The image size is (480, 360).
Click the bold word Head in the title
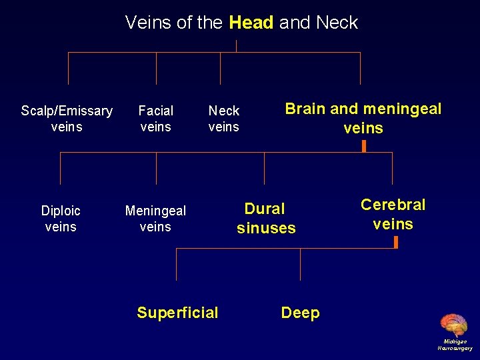[251, 23]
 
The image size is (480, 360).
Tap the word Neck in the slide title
[337, 23]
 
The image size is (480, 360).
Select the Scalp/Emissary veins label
[67, 119]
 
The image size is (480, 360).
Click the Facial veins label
[156, 119]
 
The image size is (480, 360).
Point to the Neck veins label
[224, 119]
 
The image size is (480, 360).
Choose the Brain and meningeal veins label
[363, 119]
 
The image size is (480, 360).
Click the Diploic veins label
[61, 219]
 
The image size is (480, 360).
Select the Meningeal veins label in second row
[155, 219]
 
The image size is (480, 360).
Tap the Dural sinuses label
[265, 219]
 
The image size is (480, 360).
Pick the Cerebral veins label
[393, 214]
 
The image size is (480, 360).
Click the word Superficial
[177, 313]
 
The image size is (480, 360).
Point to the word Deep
[300, 313]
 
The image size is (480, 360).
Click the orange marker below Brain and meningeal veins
[363, 145]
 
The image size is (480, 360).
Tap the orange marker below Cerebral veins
[396, 242]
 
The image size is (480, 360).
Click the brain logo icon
[454, 325]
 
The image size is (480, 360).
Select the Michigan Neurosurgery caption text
[455, 345]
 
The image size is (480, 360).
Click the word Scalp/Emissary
[67, 111]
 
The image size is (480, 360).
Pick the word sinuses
[266, 228]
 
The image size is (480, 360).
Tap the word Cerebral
[393, 205]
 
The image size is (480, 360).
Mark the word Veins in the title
[149, 23]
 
